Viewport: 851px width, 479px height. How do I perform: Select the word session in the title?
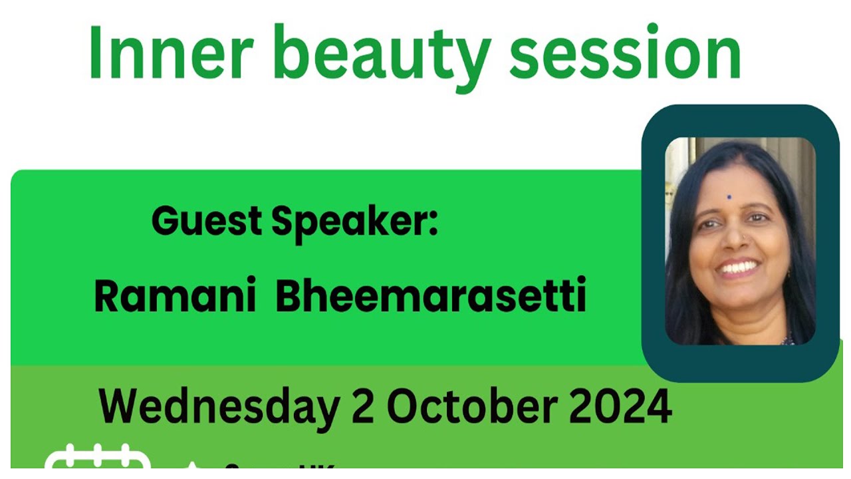pyautogui.click(x=624, y=55)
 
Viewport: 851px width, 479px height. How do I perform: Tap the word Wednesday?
pyautogui.click(x=219, y=406)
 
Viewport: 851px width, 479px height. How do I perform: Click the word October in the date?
pyautogui.click(x=475, y=405)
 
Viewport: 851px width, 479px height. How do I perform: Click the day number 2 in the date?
pyautogui.click(x=363, y=405)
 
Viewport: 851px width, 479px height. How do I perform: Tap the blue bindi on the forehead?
pyautogui.click(x=729, y=197)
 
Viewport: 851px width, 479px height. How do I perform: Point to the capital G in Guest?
pyautogui.click(x=166, y=220)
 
